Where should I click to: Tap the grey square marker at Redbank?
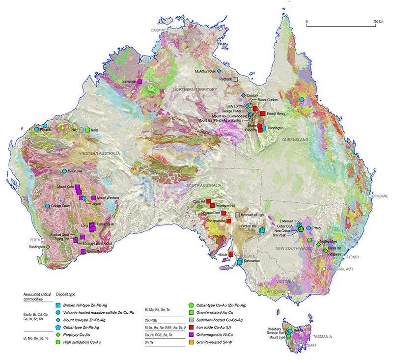pyautogui.click(x=236, y=79)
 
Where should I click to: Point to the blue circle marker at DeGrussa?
pyautogui.click(x=64, y=171)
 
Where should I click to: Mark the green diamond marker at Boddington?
pyautogui.click(x=48, y=247)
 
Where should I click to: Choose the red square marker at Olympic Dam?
pyautogui.click(x=224, y=213)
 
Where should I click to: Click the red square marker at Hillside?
pyautogui.click(x=230, y=254)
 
